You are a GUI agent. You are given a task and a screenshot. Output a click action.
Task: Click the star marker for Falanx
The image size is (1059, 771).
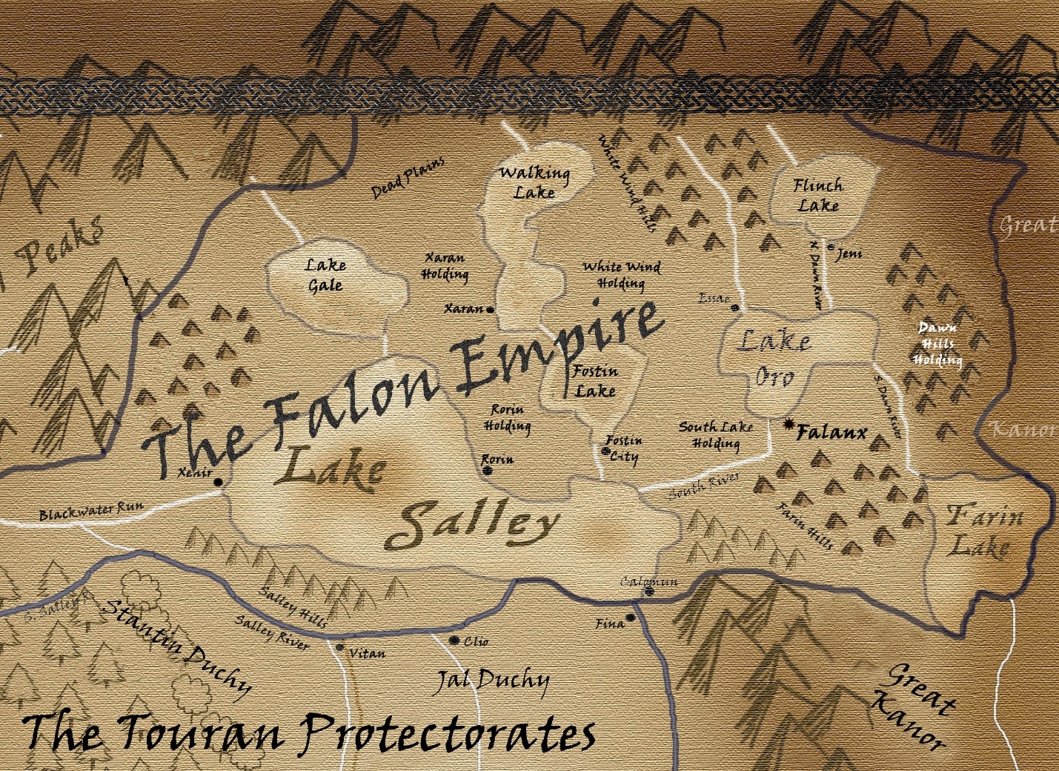click(x=789, y=425)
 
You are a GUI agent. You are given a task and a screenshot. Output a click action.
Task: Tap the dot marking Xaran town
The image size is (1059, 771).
click(x=491, y=310)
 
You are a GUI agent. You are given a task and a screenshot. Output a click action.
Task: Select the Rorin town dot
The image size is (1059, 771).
click(x=488, y=470)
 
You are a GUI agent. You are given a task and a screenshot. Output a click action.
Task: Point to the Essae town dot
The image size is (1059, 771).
click(x=735, y=308)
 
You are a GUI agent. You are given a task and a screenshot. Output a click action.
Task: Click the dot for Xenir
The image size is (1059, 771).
click(x=218, y=482)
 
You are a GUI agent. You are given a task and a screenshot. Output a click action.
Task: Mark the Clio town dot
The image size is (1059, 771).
click(x=454, y=641)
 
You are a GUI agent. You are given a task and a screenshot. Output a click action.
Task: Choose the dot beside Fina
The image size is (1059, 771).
click(x=631, y=618)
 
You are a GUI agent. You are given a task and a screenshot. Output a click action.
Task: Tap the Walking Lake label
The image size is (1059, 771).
click(x=534, y=182)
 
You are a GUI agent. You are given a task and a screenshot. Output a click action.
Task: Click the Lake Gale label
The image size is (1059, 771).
click(x=325, y=274)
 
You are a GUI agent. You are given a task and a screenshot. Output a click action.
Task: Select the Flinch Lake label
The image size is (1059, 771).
click(x=818, y=195)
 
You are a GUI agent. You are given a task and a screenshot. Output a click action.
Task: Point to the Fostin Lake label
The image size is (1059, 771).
click(x=595, y=380)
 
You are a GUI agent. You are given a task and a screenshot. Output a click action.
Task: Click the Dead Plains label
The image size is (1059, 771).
click(x=408, y=177)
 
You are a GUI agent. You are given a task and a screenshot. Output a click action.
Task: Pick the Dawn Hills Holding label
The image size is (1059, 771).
click(x=937, y=344)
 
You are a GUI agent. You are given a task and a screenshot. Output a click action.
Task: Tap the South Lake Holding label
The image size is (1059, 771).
click(x=716, y=435)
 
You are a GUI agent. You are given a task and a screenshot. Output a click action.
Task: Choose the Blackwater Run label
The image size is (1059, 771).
click(x=91, y=511)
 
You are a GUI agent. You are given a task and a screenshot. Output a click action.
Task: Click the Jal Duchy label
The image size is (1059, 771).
click(x=493, y=681)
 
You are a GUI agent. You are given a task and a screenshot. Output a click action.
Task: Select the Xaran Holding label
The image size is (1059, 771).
click(x=445, y=266)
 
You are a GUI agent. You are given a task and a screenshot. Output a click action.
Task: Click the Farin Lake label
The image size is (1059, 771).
click(x=983, y=530)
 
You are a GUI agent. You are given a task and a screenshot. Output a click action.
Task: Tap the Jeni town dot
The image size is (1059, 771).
click(x=831, y=248)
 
